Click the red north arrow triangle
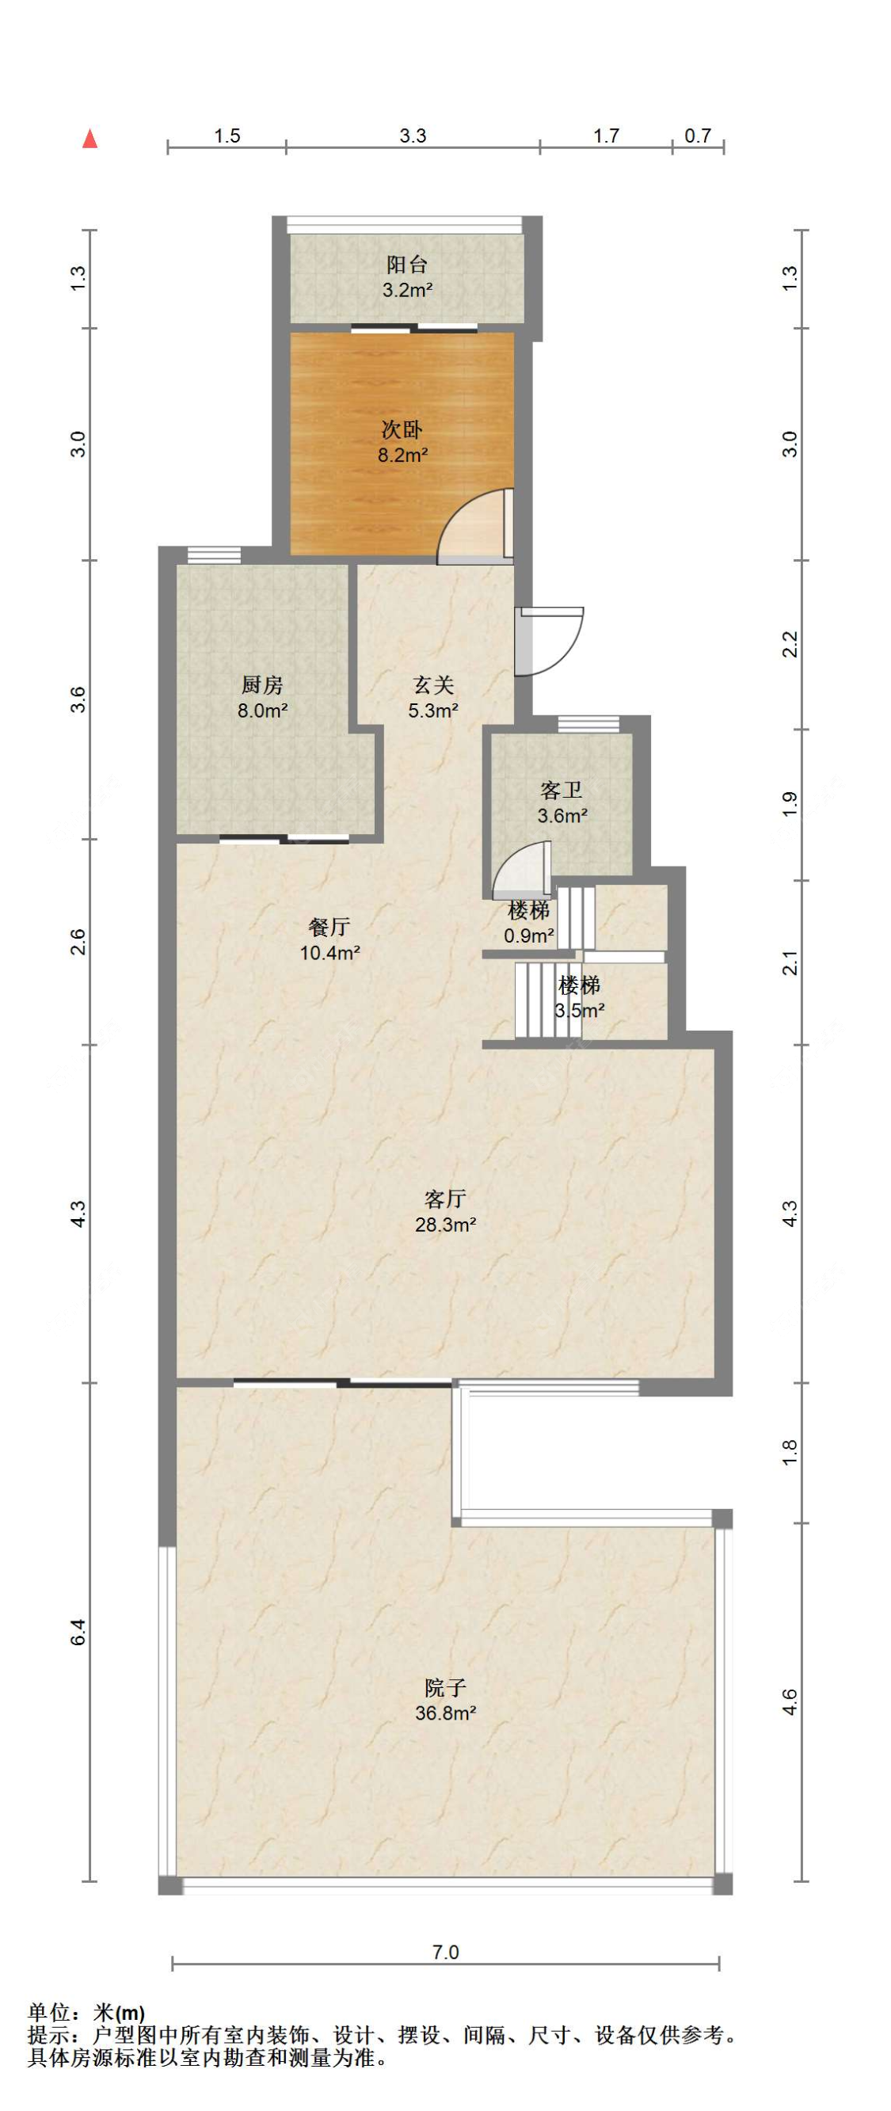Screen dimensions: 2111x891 (x=90, y=139)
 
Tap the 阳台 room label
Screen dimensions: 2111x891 (x=407, y=265)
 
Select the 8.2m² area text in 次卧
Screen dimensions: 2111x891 (x=402, y=455)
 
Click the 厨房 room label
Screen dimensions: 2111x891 (x=262, y=685)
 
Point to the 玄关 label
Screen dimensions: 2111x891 (x=432, y=685)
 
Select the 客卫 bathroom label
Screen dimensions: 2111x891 (x=562, y=790)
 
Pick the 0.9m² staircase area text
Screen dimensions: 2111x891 (x=529, y=935)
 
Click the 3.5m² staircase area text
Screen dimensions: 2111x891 (x=580, y=1011)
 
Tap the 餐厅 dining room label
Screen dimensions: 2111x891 (x=329, y=927)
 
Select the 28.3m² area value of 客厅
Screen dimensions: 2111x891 (x=446, y=1225)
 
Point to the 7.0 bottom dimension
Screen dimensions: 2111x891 (x=445, y=1952)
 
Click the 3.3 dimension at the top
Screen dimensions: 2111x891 (x=413, y=136)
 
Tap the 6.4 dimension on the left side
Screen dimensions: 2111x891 (x=78, y=1631)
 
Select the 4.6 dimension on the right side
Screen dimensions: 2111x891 (x=789, y=1701)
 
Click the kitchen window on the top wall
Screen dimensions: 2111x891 (x=214, y=554)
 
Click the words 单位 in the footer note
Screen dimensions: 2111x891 (x=49, y=2013)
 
